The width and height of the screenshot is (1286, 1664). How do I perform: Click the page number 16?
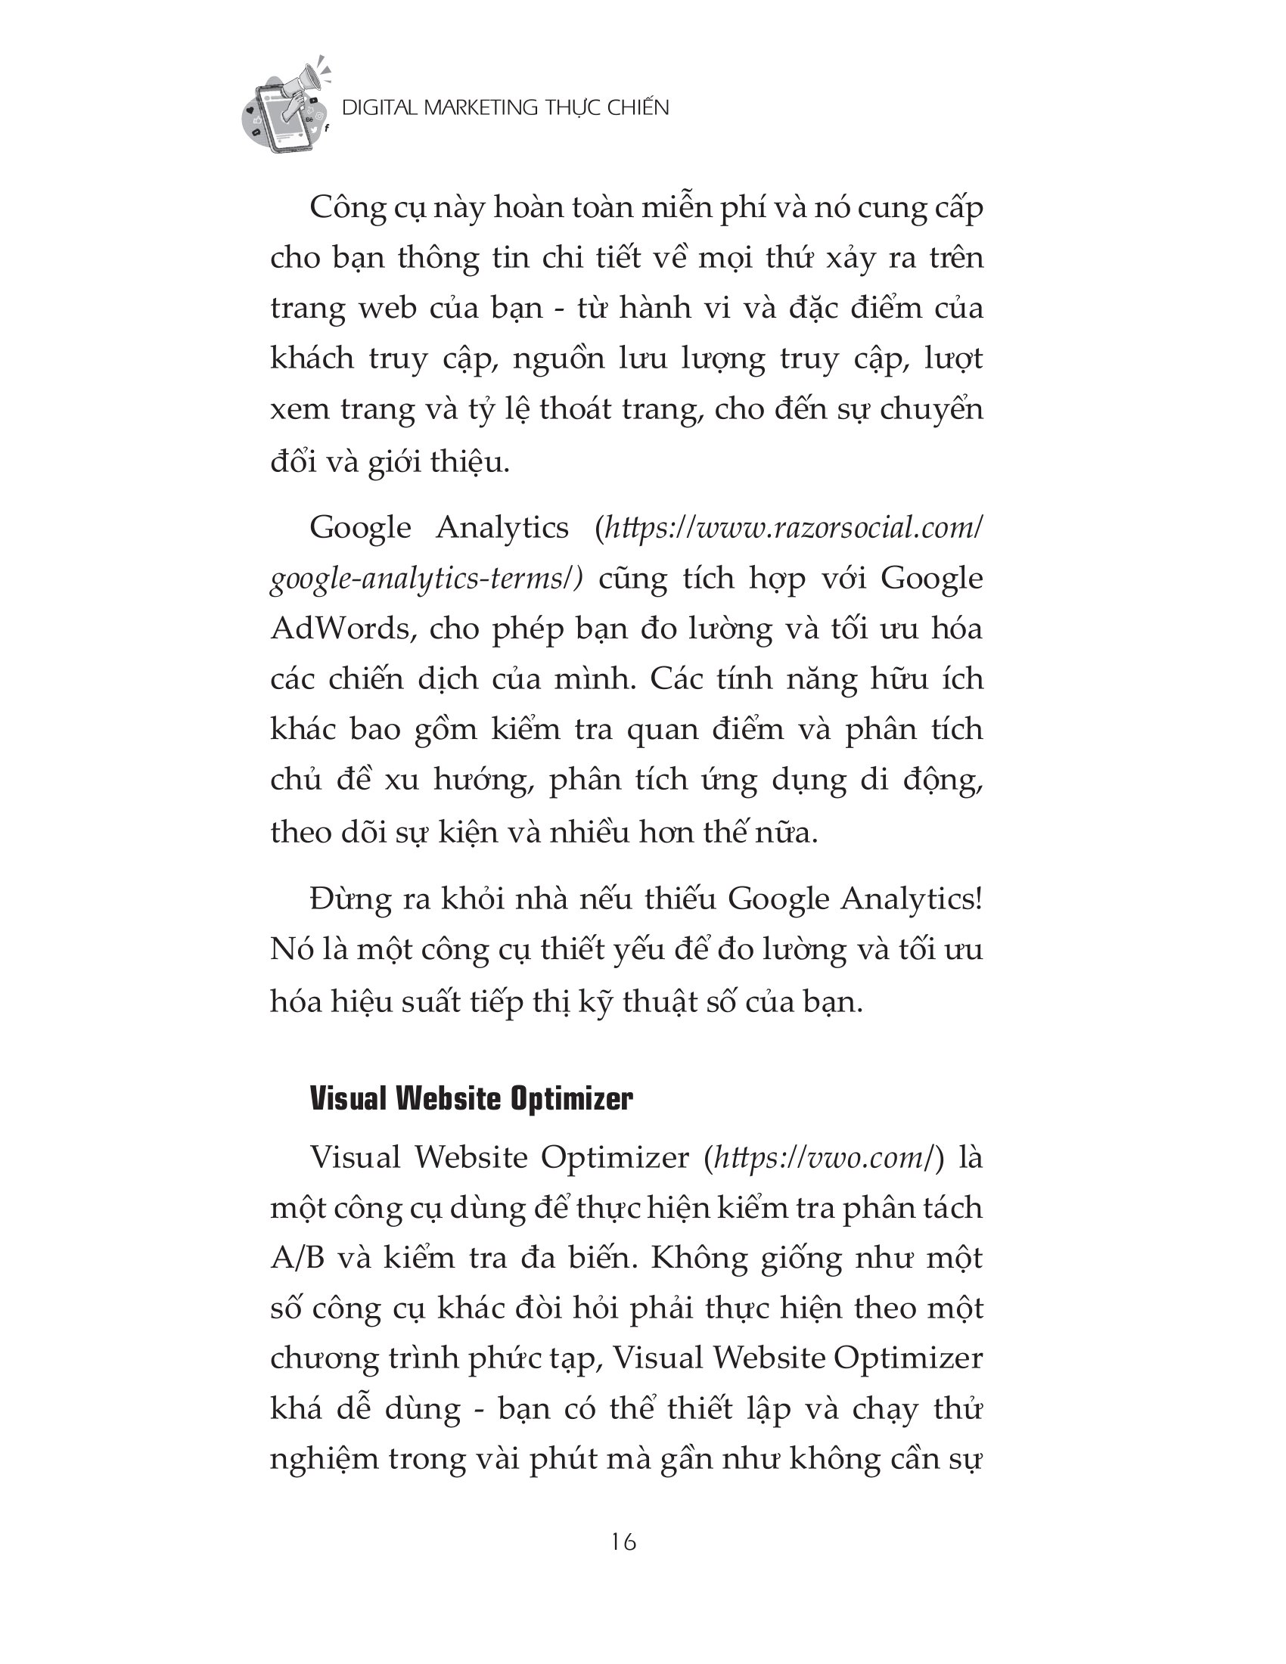pos(623,1541)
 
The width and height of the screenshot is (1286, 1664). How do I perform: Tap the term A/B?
pos(298,1257)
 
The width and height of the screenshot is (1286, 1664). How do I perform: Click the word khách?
pos(312,358)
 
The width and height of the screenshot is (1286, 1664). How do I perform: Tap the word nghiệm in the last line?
pos(325,1459)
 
